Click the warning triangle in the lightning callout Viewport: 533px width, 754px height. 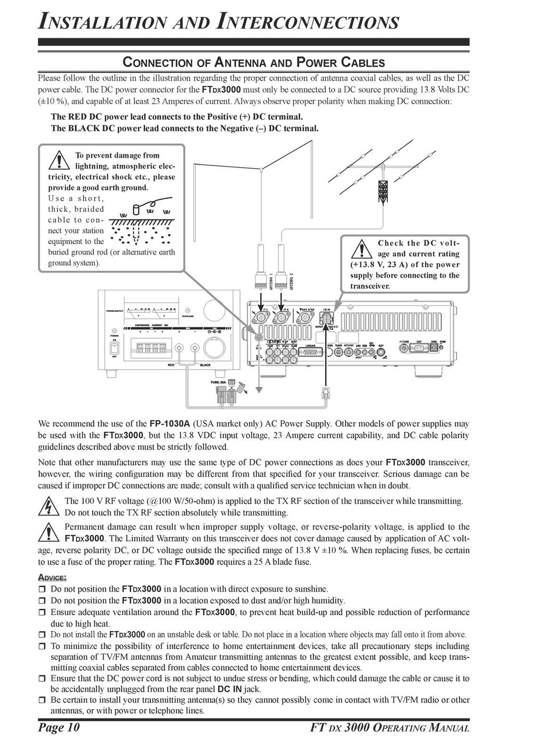(x=61, y=160)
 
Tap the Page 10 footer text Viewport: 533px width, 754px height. (x=59, y=727)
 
